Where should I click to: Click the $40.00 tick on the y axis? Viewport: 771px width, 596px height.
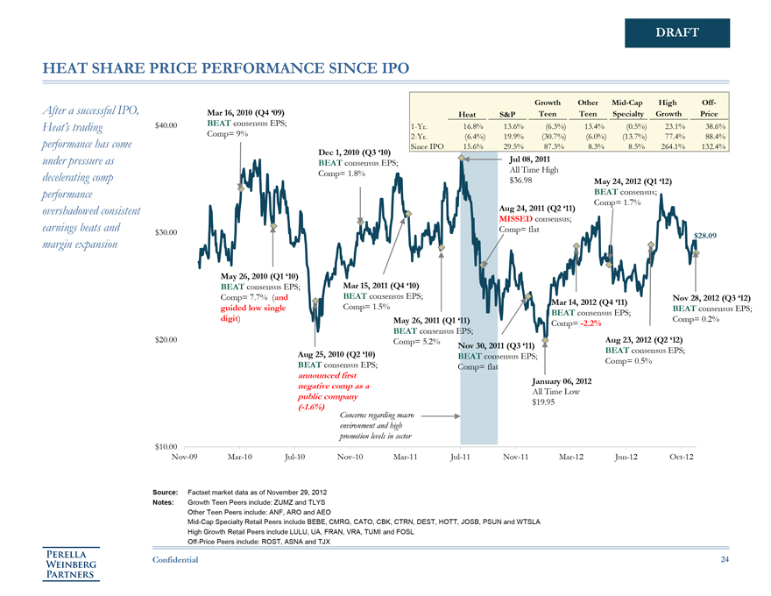pos(167,124)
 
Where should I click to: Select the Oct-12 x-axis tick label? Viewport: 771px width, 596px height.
pos(681,458)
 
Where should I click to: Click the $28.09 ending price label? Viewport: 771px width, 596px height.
pos(705,235)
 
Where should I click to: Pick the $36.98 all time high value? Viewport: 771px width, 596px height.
pos(520,180)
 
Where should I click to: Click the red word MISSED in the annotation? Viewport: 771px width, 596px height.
pos(518,218)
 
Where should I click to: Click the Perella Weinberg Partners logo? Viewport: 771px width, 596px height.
pos(73,563)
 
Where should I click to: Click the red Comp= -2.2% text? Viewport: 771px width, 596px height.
pos(580,324)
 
